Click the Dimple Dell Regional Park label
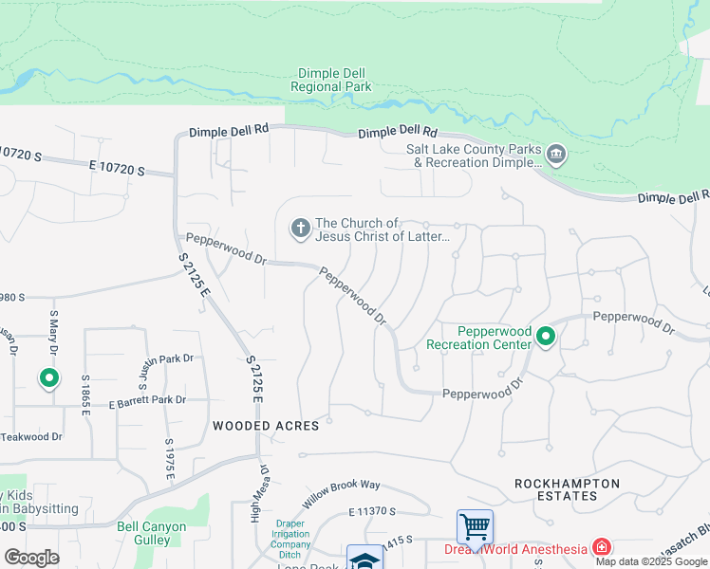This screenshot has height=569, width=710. click(331, 80)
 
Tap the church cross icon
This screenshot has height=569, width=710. click(300, 228)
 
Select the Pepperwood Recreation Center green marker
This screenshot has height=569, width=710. click(545, 337)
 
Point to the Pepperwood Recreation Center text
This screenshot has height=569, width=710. click(479, 338)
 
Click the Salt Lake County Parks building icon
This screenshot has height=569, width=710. click(556, 153)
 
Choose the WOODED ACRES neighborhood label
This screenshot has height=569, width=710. click(265, 426)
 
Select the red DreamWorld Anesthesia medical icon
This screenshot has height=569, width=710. click(601, 547)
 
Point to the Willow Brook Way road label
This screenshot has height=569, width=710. click(342, 490)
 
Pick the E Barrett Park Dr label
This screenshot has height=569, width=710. click(146, 401)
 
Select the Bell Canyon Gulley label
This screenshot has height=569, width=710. click(152, 533)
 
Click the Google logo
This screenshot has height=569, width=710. click(31, 558)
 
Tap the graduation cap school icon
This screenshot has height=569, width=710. click(364, 559)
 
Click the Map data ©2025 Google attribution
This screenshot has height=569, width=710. click(651, 560)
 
